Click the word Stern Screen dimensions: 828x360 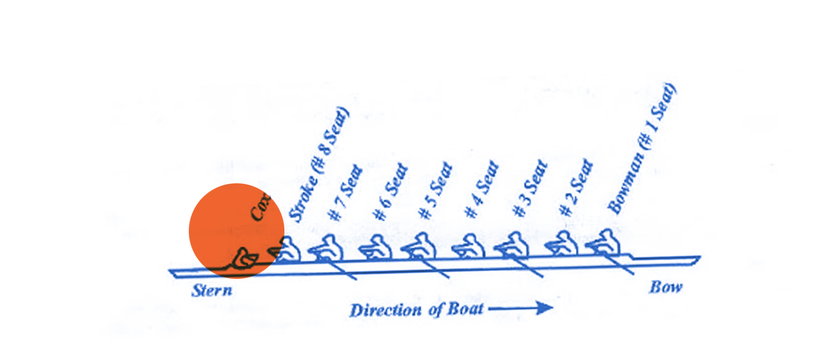click(x=212, y=290)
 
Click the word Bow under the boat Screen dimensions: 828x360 click(x=666, y=287)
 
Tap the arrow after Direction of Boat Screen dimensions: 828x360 click(x=521, y=308)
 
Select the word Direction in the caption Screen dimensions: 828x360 click(x=385, y=310)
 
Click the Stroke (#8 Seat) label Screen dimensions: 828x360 click(x=319, y=165)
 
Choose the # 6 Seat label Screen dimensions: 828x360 click(x=391, y=192)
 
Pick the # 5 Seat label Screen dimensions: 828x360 click(x=435, y=191)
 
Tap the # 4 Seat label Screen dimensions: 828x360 click(x=482, y=189)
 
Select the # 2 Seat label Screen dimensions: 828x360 click(x=576, y=188)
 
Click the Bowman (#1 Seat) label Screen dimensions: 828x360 click(x=642, y=148)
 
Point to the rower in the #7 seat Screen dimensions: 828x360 click(x=327, y=248)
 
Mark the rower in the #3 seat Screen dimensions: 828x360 click(x=512, y=245)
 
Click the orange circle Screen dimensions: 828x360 click(x=236, y=231)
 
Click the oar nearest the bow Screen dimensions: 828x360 click(x=618, y=264)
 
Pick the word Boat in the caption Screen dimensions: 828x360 click(x=465, y=309)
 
